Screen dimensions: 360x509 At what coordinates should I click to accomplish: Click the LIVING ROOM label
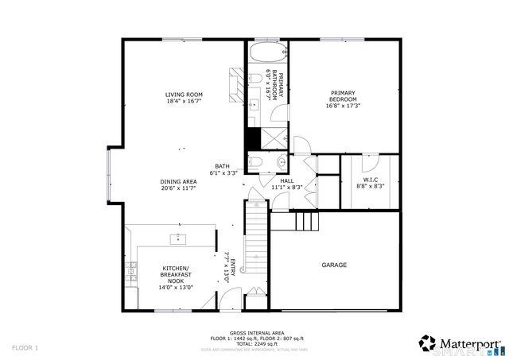coord(184,95)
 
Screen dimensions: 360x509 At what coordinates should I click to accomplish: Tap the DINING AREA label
coord(178,181)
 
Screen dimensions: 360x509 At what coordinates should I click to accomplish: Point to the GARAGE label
coord(334,265)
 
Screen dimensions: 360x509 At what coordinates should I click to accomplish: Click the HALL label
coord(287,180)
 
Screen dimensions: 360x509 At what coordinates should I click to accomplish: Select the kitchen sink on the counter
coord(178,238)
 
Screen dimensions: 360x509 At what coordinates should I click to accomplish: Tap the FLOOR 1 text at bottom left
coord(25,348)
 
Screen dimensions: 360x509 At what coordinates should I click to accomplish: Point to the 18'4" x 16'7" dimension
coord(184,102)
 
